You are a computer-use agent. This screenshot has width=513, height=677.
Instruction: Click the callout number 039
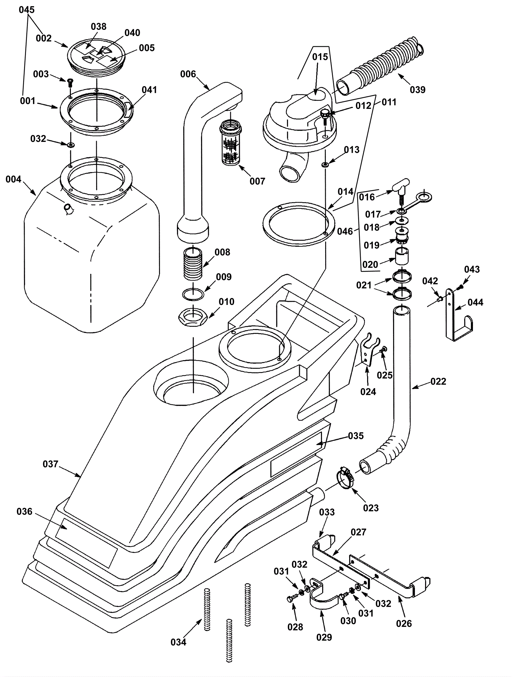[417, 90]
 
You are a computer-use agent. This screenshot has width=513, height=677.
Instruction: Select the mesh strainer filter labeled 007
[231, 142]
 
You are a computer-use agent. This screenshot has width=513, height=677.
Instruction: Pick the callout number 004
[13, 179]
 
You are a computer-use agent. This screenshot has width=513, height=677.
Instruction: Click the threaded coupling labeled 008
[193, 263]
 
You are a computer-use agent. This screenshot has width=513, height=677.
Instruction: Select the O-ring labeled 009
[193, 293]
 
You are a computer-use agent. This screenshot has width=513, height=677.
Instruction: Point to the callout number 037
[51, 464]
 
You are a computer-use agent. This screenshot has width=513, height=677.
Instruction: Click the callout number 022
[438, 381]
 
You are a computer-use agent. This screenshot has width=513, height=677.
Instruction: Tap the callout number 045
[27, 10]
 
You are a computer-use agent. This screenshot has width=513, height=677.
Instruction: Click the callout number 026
[404, 624]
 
